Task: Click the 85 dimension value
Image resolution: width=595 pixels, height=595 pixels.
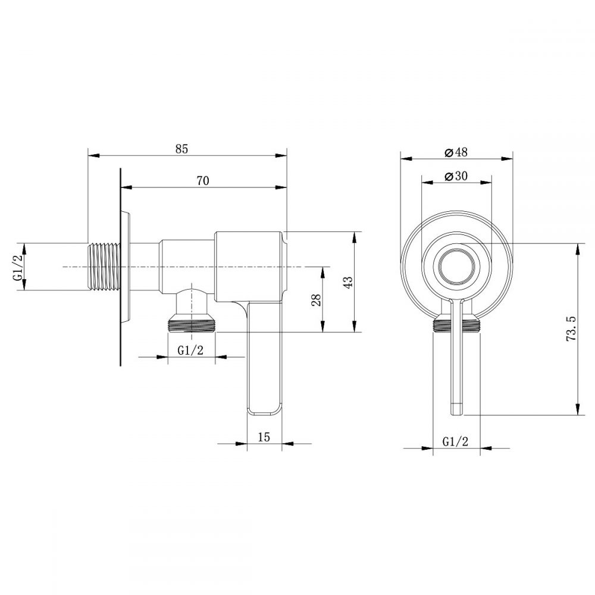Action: click(x=182, y=149)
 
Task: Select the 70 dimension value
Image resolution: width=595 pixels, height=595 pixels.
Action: click(x=202, y=181)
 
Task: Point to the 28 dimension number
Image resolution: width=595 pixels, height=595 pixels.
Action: click(x=317, y=299)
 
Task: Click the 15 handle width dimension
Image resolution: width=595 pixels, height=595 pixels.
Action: click(x=264, y=436)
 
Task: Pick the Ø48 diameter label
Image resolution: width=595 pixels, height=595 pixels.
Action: click(x=456, y=152)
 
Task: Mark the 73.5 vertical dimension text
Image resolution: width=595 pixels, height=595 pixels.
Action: click(x=571, y=328)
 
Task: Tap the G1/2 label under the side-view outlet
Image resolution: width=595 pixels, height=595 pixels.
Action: click(x=191, y=350)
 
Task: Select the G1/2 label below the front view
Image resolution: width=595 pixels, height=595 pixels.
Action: click(x=456, y=441)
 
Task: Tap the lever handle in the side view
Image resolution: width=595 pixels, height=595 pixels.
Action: click(x=264, y=363)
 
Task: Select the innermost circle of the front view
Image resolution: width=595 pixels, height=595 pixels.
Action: click(x=456, y=266)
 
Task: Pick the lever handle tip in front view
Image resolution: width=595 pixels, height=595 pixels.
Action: click(x=456, y=408)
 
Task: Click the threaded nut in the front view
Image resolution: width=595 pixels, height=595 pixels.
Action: click(x=456, y=324)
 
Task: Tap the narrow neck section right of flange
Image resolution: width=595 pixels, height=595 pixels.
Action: click(x=145, y=267)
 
